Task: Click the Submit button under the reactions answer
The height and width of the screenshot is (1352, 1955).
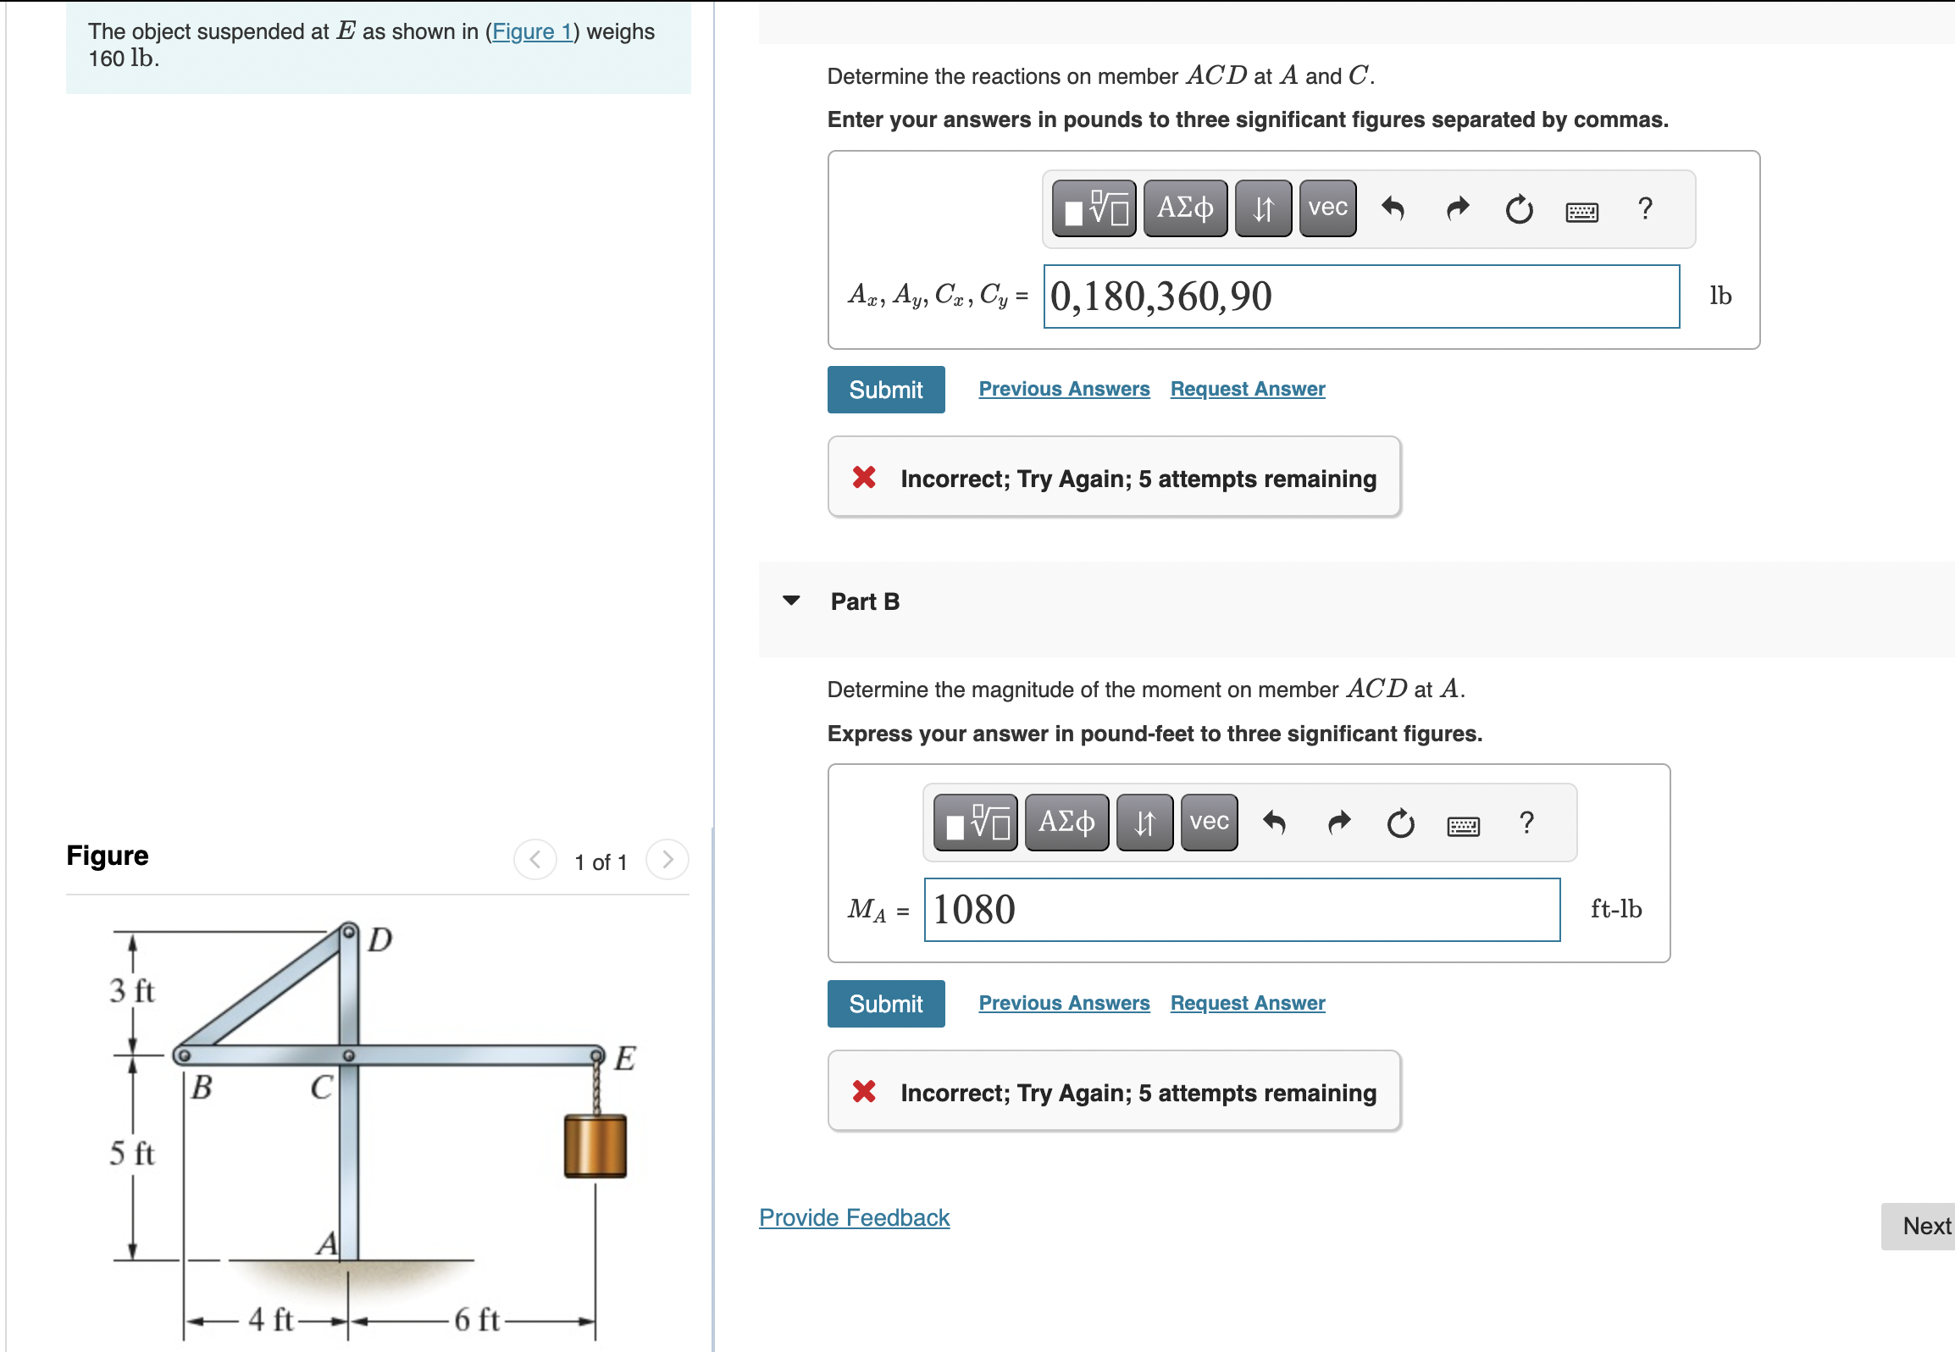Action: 885,390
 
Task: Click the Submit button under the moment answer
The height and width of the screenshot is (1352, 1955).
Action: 885,1004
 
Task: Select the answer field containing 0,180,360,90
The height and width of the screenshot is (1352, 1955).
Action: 1360,296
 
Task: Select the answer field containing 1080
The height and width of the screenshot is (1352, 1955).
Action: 1241,910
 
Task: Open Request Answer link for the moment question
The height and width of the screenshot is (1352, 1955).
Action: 1247,1003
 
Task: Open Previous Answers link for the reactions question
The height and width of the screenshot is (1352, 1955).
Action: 1064,389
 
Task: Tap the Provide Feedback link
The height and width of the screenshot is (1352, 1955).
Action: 854,1217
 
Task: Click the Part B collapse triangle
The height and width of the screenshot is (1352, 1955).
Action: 791,601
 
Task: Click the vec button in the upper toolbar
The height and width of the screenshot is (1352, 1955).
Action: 1326,208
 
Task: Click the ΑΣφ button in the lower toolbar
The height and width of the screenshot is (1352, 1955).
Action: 1066,822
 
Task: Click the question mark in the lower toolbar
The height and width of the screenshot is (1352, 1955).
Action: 1526,822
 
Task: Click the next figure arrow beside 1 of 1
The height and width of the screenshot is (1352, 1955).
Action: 667,860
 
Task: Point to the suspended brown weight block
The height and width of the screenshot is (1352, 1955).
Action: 595,1146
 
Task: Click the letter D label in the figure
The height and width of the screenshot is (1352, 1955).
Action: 380,939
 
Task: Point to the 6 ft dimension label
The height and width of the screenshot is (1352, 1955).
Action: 476,1320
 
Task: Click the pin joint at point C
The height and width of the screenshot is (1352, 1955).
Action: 348,1056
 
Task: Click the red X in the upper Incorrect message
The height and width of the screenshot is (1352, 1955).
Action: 864,478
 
